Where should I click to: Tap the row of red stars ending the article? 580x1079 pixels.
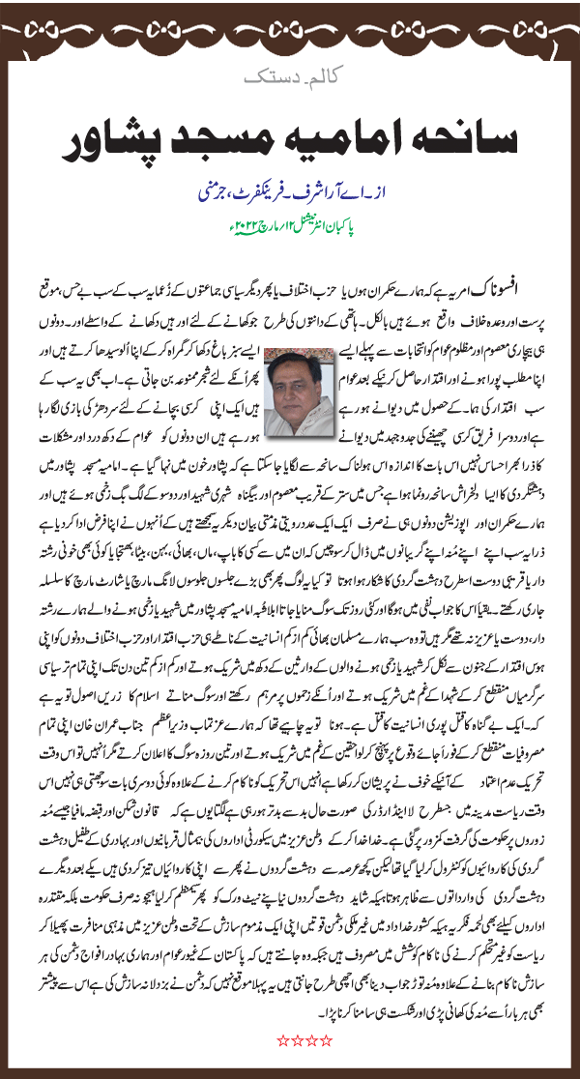pos(304,1039)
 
